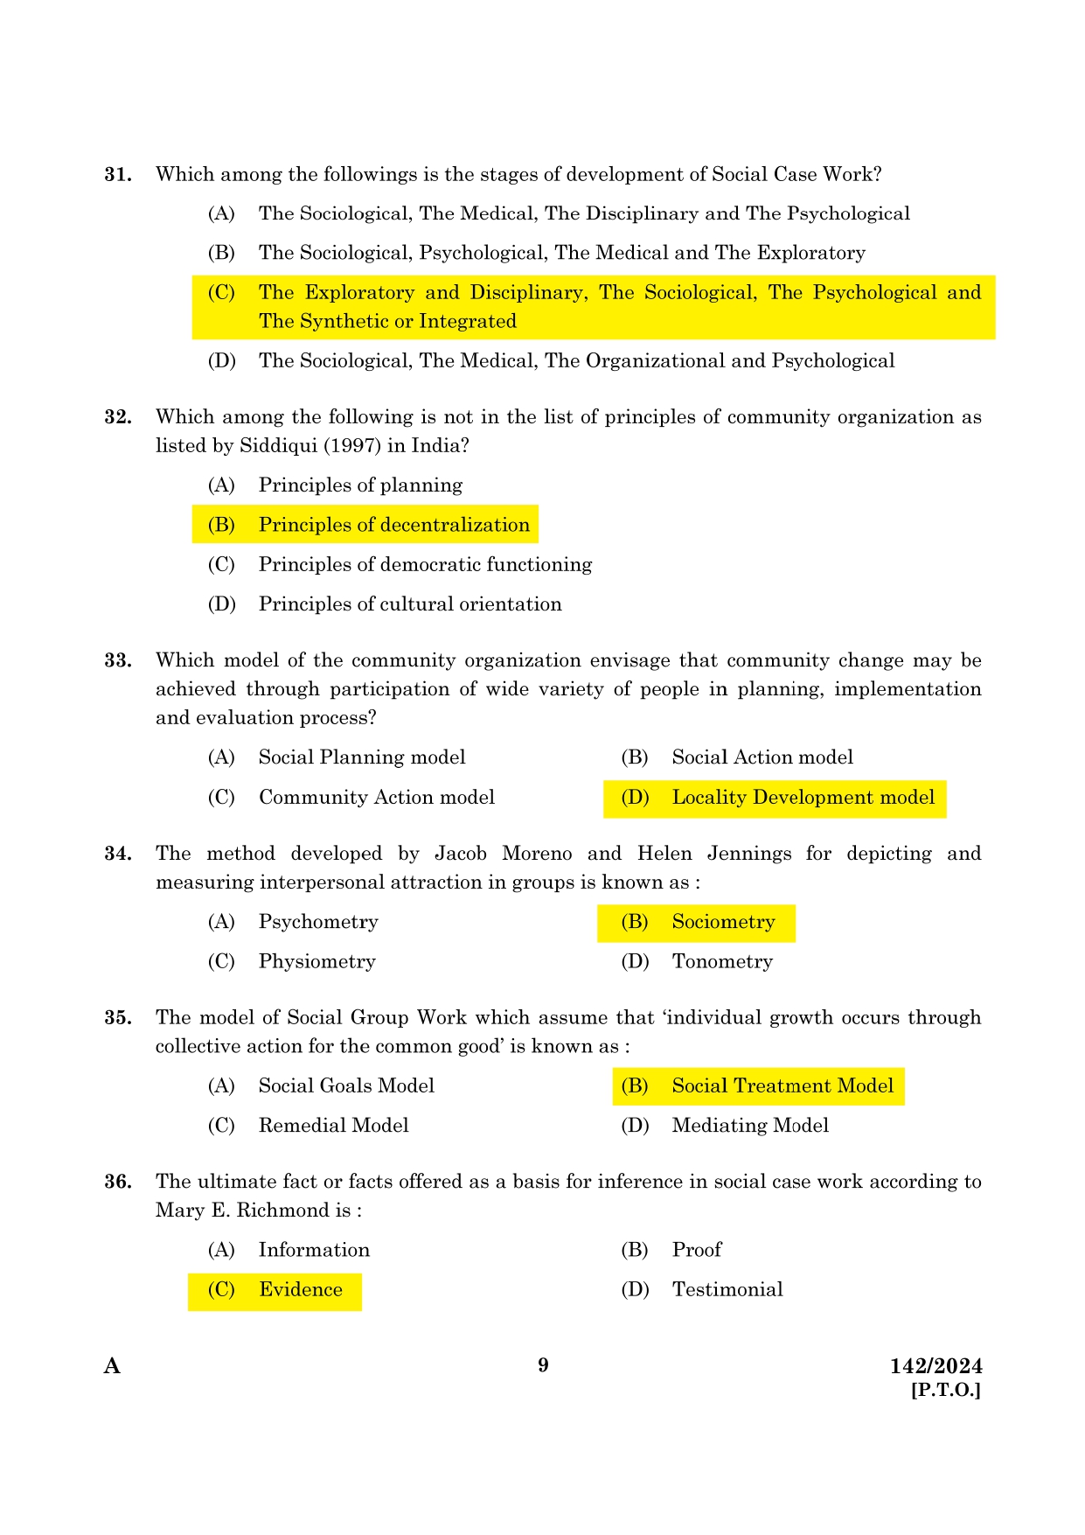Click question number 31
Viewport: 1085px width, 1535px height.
point(118,175)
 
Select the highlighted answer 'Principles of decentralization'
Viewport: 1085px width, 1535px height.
point(393,525)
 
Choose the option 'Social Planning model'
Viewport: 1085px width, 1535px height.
point(361,757)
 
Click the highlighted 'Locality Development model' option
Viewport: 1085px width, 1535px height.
point(803,798)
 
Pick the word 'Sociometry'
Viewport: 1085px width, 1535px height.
point(723,922)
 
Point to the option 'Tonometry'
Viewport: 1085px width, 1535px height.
point(722,962)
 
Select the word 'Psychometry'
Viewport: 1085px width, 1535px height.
point(318,922)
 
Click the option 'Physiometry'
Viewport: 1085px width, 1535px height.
point(316,962)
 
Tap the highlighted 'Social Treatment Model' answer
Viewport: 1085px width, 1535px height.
point(782,1086)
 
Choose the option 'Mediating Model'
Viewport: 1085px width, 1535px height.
point(750,1126)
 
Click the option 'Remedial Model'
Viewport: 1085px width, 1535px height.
point(333,1126)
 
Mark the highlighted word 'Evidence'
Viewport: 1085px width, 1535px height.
point(300,1290)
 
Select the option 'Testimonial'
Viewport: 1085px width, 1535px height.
point(727,1290)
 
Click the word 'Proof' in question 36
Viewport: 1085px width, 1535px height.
point(697,1250)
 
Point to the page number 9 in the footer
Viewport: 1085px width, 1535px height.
point(543,1365)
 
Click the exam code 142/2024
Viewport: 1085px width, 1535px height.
point(935,1366)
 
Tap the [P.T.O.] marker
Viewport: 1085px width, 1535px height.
point(946,1390)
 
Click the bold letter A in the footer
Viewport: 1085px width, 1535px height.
point(112,1366)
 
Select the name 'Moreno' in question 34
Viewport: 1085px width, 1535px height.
point(537,854)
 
